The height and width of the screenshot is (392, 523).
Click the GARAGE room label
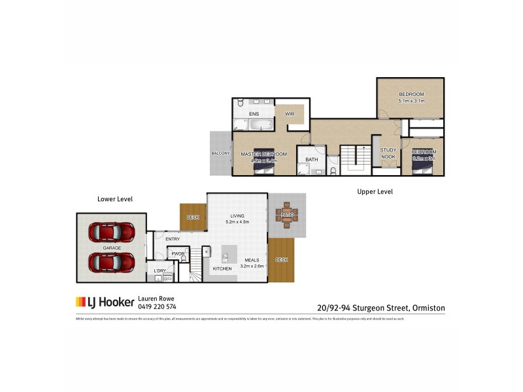tap(111, 248)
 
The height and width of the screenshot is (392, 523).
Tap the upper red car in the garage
tap(111, 231)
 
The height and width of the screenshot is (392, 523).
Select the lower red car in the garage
tap(111, 262)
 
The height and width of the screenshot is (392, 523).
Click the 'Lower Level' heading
tap(115, 198)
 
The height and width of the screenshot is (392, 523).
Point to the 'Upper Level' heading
tap(374, 191)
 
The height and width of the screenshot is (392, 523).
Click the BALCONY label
tap(220, 154)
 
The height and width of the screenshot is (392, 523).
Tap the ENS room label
tap(254, 114)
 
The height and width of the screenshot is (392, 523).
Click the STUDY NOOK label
tap(389, 153)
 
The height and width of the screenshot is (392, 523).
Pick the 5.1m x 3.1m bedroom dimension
tap(412, 101)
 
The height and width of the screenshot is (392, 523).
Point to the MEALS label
tap(251, 259)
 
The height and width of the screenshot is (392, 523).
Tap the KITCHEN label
tap(222, 269)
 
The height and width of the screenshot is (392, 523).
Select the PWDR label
tap(178, 253)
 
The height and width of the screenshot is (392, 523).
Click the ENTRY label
tap(173, 239)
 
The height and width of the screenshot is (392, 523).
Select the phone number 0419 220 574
tap(158, 306)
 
